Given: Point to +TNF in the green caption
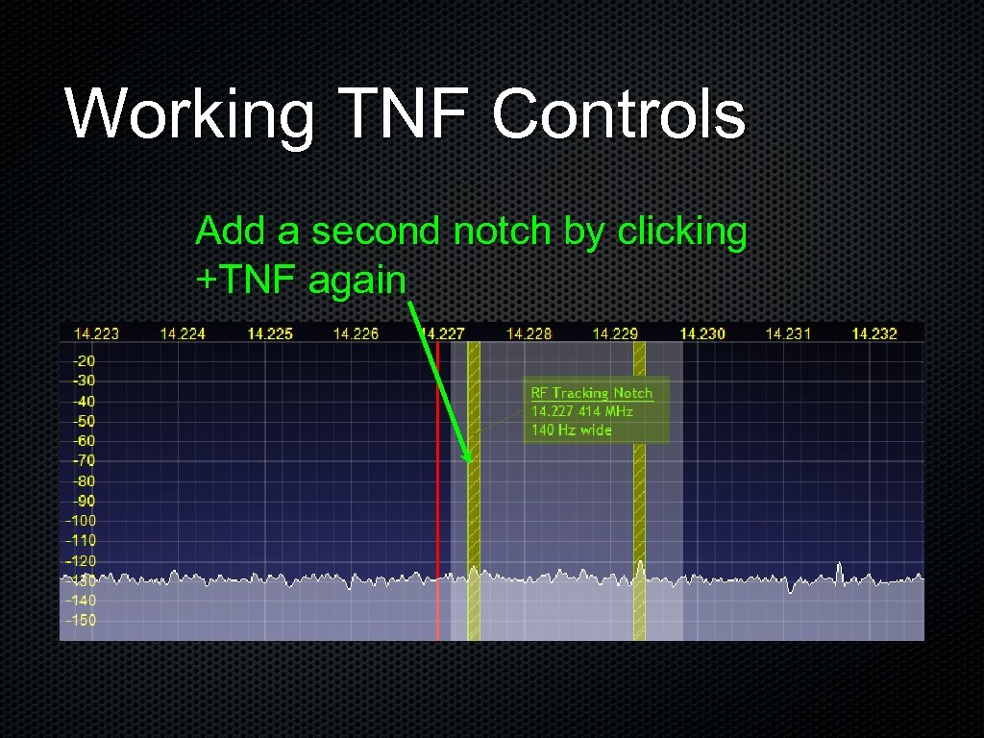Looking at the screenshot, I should click(246, 281).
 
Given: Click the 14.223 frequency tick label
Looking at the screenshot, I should click(96, 333).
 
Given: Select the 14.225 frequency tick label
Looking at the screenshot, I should click(270, 333).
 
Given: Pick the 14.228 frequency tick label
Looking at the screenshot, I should click(529, 333).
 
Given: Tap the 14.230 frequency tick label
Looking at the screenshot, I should click(702, 333).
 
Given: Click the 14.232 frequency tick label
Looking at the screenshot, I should click(874, 333).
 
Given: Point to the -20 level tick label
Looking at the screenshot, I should click(84, 360).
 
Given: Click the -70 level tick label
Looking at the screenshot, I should click(84, 460).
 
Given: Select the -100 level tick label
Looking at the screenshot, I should click(81, 521).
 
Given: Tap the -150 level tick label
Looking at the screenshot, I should click(81, 620).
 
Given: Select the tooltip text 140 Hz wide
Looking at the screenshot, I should click(572, 430).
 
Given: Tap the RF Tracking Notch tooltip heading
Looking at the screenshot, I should click(592, 393).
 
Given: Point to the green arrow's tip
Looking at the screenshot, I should click(471, 461).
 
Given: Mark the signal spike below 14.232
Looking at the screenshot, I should click(840, 569).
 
